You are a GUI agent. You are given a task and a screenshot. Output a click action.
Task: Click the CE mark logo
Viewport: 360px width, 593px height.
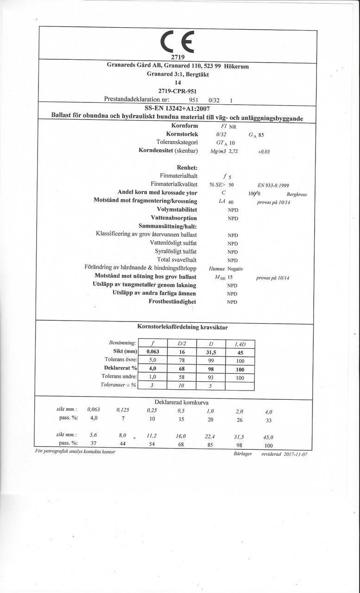pyautogui.click(x=178, y=42)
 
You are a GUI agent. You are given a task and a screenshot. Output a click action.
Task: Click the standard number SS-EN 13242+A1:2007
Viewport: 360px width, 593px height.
pyautogui.click(x=178, y=108)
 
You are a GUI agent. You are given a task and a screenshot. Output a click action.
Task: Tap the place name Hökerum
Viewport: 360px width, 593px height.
pyautogui.click(x=236, y=66)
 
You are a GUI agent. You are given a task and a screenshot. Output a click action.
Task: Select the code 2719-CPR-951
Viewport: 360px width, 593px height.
pyautogui.click(x=178, y=90)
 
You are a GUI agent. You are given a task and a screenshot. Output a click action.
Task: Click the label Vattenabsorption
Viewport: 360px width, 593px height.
pyautogui.click(x=174, y=218)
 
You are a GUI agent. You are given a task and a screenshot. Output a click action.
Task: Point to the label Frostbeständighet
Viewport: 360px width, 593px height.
pyautogui.click(x=172, y=302)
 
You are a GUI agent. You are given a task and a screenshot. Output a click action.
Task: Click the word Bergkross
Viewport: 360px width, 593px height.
pyautogui.click(x=297, y=195)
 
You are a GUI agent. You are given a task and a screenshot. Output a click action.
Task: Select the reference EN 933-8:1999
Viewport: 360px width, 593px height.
pyautogui.click(x=273, y=184)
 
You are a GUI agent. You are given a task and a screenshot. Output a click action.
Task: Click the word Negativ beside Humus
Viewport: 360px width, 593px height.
pyautogui.click(x=235, y=269)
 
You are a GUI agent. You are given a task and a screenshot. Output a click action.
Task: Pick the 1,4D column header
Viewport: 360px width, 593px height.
pyautogui.click(x=240, y=343)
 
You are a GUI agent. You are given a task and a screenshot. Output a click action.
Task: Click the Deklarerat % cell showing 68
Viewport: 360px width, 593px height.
pyautogui.click(x=181, y=368)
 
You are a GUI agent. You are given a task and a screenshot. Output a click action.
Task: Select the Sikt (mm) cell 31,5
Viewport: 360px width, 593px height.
pyautogui.click(x=211, y=352)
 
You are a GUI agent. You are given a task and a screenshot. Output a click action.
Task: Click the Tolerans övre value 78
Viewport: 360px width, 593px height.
pyautogui.click(x=181, y=360)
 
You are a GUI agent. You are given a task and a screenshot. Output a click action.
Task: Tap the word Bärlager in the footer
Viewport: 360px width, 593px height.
pyautogui.click(x=243, y=454)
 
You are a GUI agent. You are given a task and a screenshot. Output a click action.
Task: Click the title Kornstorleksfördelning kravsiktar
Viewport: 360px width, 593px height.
pyautogui.click(x=182, y=327)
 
